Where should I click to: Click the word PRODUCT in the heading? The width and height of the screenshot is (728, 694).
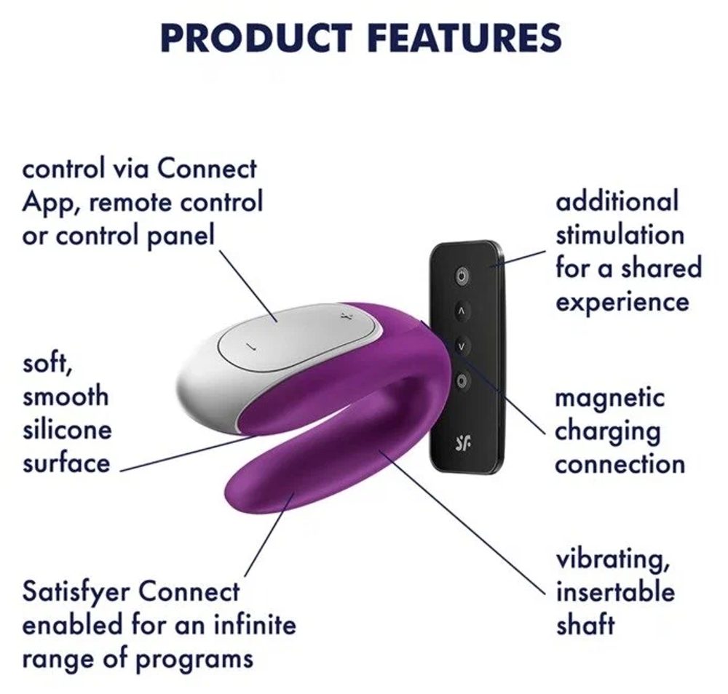pyautogui.click(x=256, y=37)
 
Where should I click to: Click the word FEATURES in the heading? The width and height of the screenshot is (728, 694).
pyautogui.click(x=464, y=37)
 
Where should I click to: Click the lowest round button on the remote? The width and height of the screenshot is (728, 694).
pyautogui.click(x=460, y=382)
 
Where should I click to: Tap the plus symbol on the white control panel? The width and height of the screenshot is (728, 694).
pyautogui.click(x=344, y=317)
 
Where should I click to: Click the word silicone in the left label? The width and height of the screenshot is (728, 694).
pyautogui.click(x=67, y=430)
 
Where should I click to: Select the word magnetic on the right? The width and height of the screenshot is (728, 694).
pyautogui.click(x=609, y=398)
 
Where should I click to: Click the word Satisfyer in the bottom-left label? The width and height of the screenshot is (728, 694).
pyautogui.click(x=76, y=592)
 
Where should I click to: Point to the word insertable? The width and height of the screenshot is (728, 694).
pyautogui.click(x=615, y=592)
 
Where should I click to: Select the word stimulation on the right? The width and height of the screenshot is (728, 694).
pyautogui.click(x=620, y=235)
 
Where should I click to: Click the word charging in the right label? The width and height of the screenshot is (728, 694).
pyautogui.click(x=607, y=432)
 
